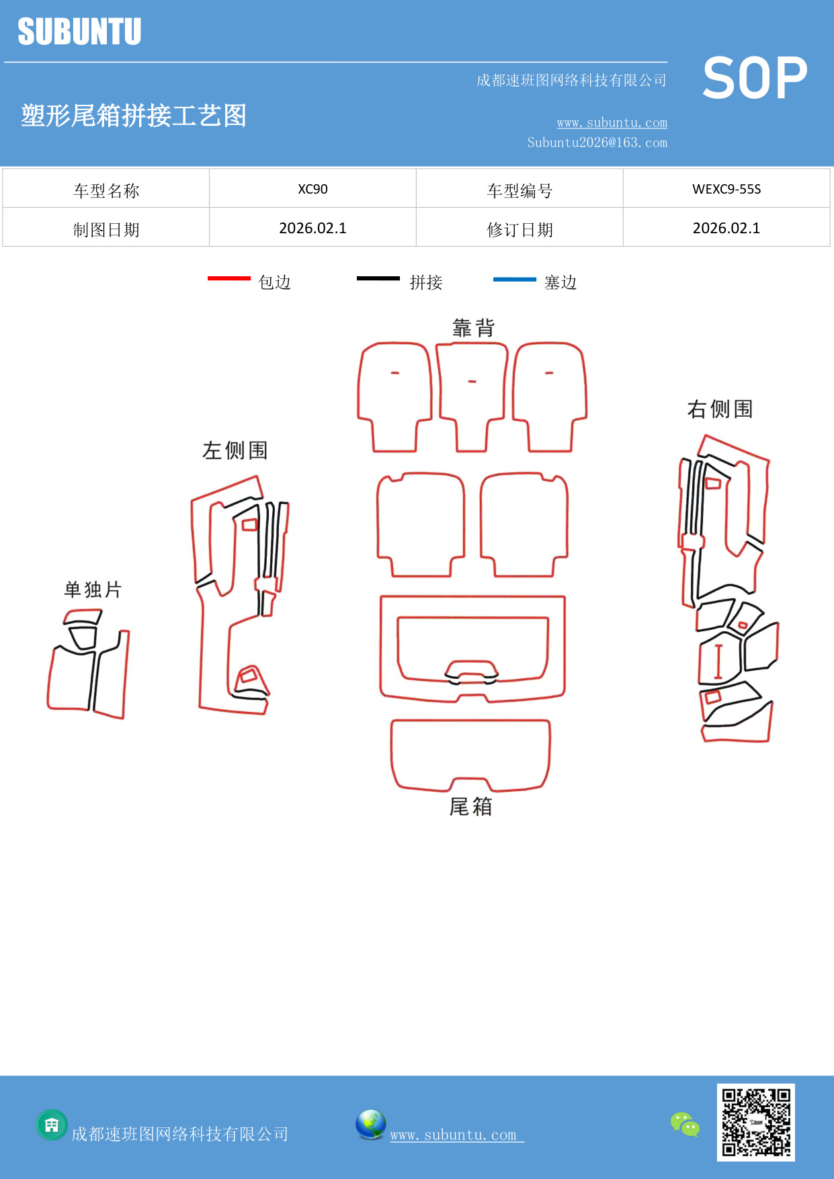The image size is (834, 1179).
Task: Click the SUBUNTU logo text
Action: pos(79,32)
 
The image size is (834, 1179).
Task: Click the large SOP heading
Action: pos(755,78)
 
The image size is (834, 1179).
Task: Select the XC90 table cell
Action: pos(312,189)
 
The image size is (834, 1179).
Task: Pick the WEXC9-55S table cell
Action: pos(726,189)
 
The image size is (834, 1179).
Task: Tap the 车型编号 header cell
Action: pos(519,191)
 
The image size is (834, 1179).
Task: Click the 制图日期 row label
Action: pos(106,230)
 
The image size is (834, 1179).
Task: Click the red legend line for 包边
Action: pos(228,278)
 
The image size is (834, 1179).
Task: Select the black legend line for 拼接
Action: pos(378,278)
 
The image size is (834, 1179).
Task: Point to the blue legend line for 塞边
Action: pos(514,279)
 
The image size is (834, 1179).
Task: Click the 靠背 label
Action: pos(473,328)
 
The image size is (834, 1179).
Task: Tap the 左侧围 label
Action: pos(235,450)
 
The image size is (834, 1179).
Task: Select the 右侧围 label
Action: pos(720,409)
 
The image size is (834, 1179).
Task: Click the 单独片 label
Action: pos(93,589)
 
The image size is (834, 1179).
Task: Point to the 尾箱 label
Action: pos(470,806)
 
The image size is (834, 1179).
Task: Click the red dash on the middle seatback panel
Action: pos(472,382)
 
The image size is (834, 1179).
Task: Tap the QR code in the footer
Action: pos(755,1122)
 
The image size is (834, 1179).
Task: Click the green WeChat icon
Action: pos(685,1124)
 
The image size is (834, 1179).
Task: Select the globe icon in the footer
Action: pos(370,1125)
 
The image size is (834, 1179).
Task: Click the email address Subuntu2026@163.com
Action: pos(597,143)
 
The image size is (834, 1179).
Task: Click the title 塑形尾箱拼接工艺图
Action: pos(134,116)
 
